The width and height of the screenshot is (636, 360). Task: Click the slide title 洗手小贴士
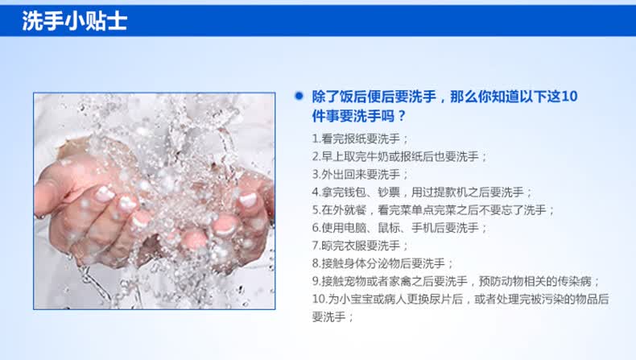click(x=75, y=21)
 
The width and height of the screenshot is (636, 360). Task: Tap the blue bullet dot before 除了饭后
click(x=299, y=96)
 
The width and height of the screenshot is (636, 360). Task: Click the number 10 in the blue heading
click(x=569, y=97)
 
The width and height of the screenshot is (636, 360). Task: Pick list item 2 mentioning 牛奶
click(x=399, y=157)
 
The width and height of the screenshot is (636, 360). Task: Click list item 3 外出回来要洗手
click(x=360, y=175)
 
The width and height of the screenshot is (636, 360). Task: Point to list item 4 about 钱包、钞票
click(x=422, y=192)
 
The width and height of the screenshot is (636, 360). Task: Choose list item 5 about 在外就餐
click(x=433, y=210)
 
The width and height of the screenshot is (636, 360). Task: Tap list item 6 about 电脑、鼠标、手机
click(x=399, y=228)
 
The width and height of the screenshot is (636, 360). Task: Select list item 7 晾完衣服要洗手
click(x=360, y=246)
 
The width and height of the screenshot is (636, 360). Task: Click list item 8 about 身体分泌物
click(x=382, y=264)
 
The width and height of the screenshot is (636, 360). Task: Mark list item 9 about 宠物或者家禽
click(x=456, y=281)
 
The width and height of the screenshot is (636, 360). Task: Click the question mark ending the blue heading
click(x=402, y=117)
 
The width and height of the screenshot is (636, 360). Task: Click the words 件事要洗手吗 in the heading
click(x=353, y=117)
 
